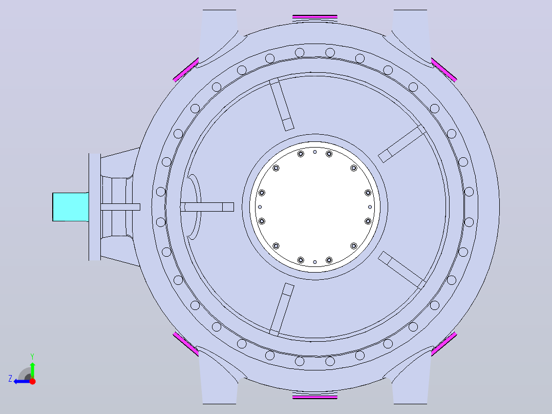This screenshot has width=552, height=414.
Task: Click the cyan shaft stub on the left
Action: pos(71,207)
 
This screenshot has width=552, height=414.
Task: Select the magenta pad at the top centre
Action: pos(315,16)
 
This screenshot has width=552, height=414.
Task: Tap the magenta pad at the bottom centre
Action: pos(315,397)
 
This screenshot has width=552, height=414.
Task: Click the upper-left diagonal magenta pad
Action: pos(186,70)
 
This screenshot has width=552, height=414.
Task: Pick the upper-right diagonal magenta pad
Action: pos(444,70)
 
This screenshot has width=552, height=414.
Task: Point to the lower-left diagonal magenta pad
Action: pos(186,344)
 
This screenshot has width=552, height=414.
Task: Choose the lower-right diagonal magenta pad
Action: pos(444,344)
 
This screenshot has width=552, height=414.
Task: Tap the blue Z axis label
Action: pos(10,379)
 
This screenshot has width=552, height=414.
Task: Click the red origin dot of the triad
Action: pos(32,381)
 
